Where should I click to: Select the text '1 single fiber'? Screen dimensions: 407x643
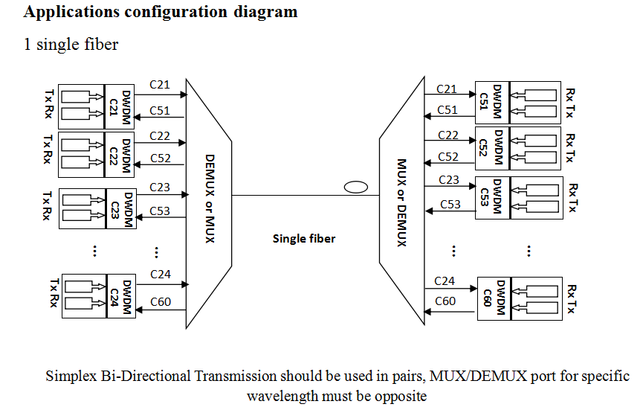click(x=71, y=45)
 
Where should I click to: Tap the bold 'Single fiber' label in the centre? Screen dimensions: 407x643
click(x=304, y=239)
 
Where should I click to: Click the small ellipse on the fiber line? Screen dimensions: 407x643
click(x=356, y=188)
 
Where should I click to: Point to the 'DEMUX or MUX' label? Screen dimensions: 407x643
click(x=209, y=198)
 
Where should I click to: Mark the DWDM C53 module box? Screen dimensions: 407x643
click(x=491, y=197)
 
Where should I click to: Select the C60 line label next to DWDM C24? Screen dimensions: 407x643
click(x=161, y=301)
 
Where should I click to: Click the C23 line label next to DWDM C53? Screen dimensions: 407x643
click(x=448, y=179)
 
